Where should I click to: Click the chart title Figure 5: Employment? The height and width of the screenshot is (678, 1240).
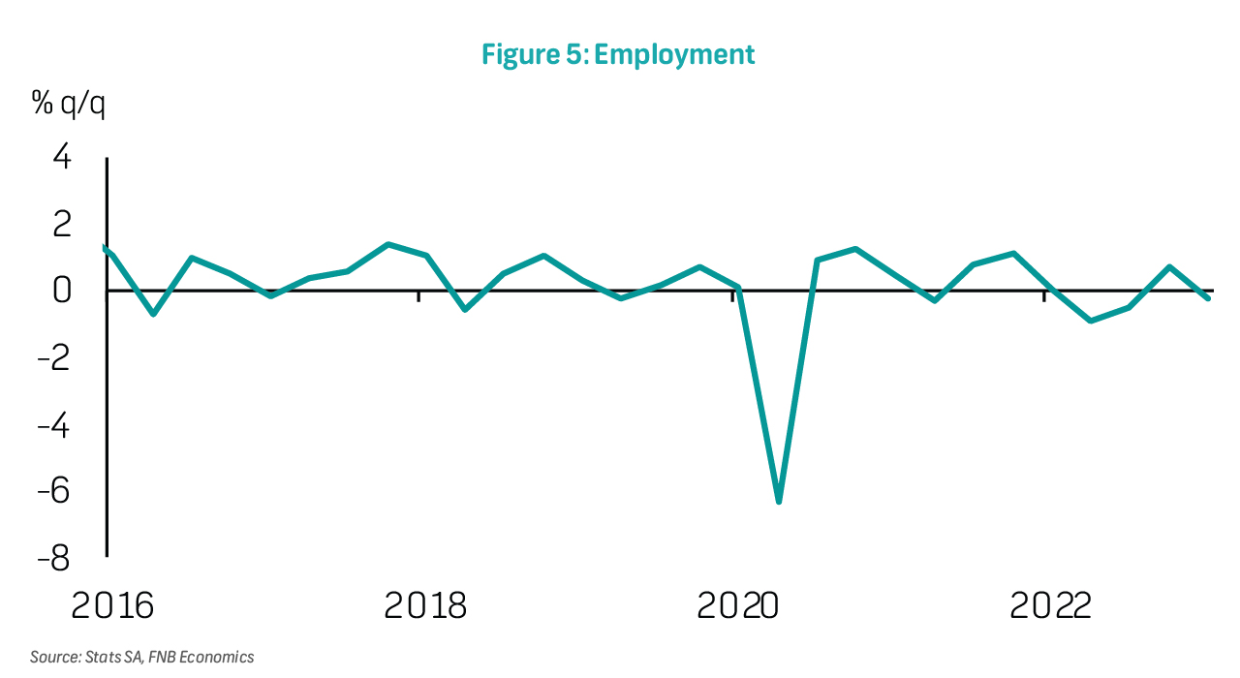pos(618,54)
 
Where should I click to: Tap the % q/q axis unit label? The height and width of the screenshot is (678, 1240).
pos(69,104)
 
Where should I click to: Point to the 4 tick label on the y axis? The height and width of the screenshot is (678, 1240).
pos(61,156)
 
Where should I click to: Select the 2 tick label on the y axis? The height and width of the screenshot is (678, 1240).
pos(61,224)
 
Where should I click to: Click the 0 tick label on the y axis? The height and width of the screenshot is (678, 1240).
pos(61,290)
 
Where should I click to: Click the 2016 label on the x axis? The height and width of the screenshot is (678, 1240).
pos(113,606)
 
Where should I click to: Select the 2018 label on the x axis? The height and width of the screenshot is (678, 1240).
pos(425,606)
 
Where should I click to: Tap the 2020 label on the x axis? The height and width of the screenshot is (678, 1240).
pos(738,606)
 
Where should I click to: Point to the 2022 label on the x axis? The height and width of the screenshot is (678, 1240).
pos(1051,606)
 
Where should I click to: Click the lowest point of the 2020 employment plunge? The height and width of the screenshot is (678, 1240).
pos(779,502)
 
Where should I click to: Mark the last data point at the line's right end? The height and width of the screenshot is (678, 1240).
pos(1208,298)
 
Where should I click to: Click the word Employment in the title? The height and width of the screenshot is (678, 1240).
pos(674,54)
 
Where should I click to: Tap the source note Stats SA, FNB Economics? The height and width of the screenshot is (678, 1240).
pos(141,657)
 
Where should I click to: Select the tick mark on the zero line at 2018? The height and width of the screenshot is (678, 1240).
pos(418,295)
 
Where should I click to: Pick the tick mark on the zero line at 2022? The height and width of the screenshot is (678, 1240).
pos(1044,295)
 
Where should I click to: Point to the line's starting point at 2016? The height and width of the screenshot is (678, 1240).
pos(105,247)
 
